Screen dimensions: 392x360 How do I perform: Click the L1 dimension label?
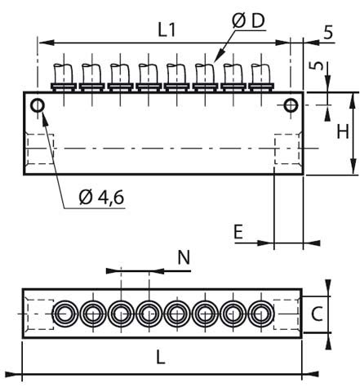tap(167, 29)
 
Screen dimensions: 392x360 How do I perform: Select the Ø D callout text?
tap(248, 18)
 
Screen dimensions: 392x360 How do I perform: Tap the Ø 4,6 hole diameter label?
tap(102, 196)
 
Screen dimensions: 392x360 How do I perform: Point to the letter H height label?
tap(344, 131)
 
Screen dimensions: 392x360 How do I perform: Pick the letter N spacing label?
tap(184, 257)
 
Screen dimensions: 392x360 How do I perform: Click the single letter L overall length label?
tap(161, 359)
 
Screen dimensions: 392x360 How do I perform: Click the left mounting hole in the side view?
tap(38, 105)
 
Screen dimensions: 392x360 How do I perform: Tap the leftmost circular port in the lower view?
tap(64, 314)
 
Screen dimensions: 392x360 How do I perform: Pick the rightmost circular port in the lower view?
tap(261, 314)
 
